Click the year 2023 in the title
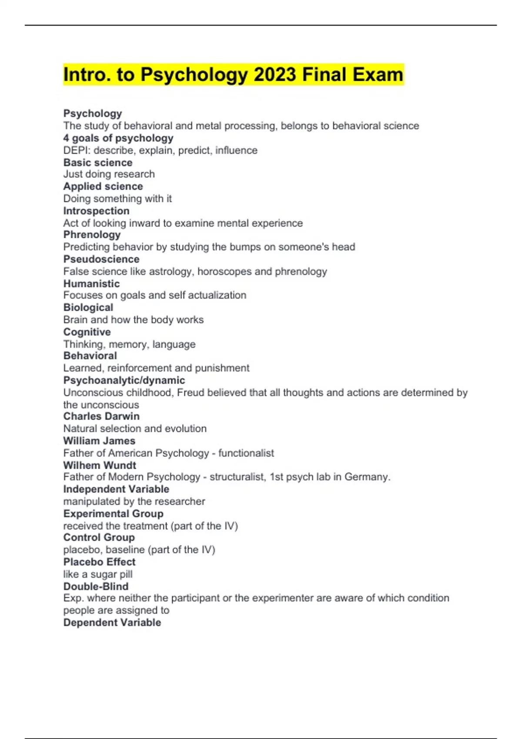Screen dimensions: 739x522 pos(275,75)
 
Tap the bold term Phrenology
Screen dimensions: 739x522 pos(92,235)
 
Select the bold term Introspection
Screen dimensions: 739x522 pos(96,211)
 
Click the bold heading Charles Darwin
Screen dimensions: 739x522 pos(101,416)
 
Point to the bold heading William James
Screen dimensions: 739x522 pos(99,441)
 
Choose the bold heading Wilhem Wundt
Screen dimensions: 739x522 pos(100,465)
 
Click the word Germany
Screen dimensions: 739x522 pos(367,477)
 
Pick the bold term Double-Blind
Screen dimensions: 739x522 pos(96,586)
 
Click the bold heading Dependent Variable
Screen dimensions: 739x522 pos(112,622)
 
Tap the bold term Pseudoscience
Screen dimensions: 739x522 pos(101,259)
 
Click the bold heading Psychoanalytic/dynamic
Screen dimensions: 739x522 pos(124,380)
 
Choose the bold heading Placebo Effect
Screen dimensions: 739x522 pos(99,562)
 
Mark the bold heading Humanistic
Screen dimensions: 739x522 pos(91,284)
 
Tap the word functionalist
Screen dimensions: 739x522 pos(246,453)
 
